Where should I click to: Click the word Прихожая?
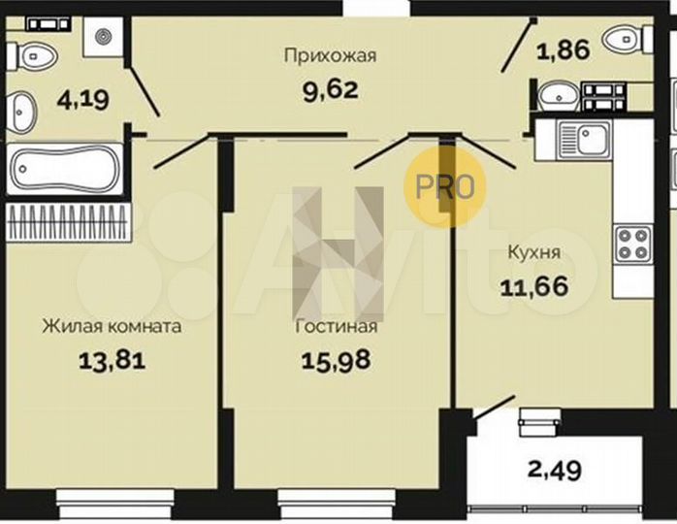pyautogui.click(x=329, y=55)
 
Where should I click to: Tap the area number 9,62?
pyautogui.click(x=329, y=91)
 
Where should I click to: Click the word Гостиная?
pyautogui.click(x=337, y=327)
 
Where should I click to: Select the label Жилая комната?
pyautogui.click(x=112, y=327)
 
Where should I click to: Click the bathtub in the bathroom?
pyautogui.click(x=65, y=172)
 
